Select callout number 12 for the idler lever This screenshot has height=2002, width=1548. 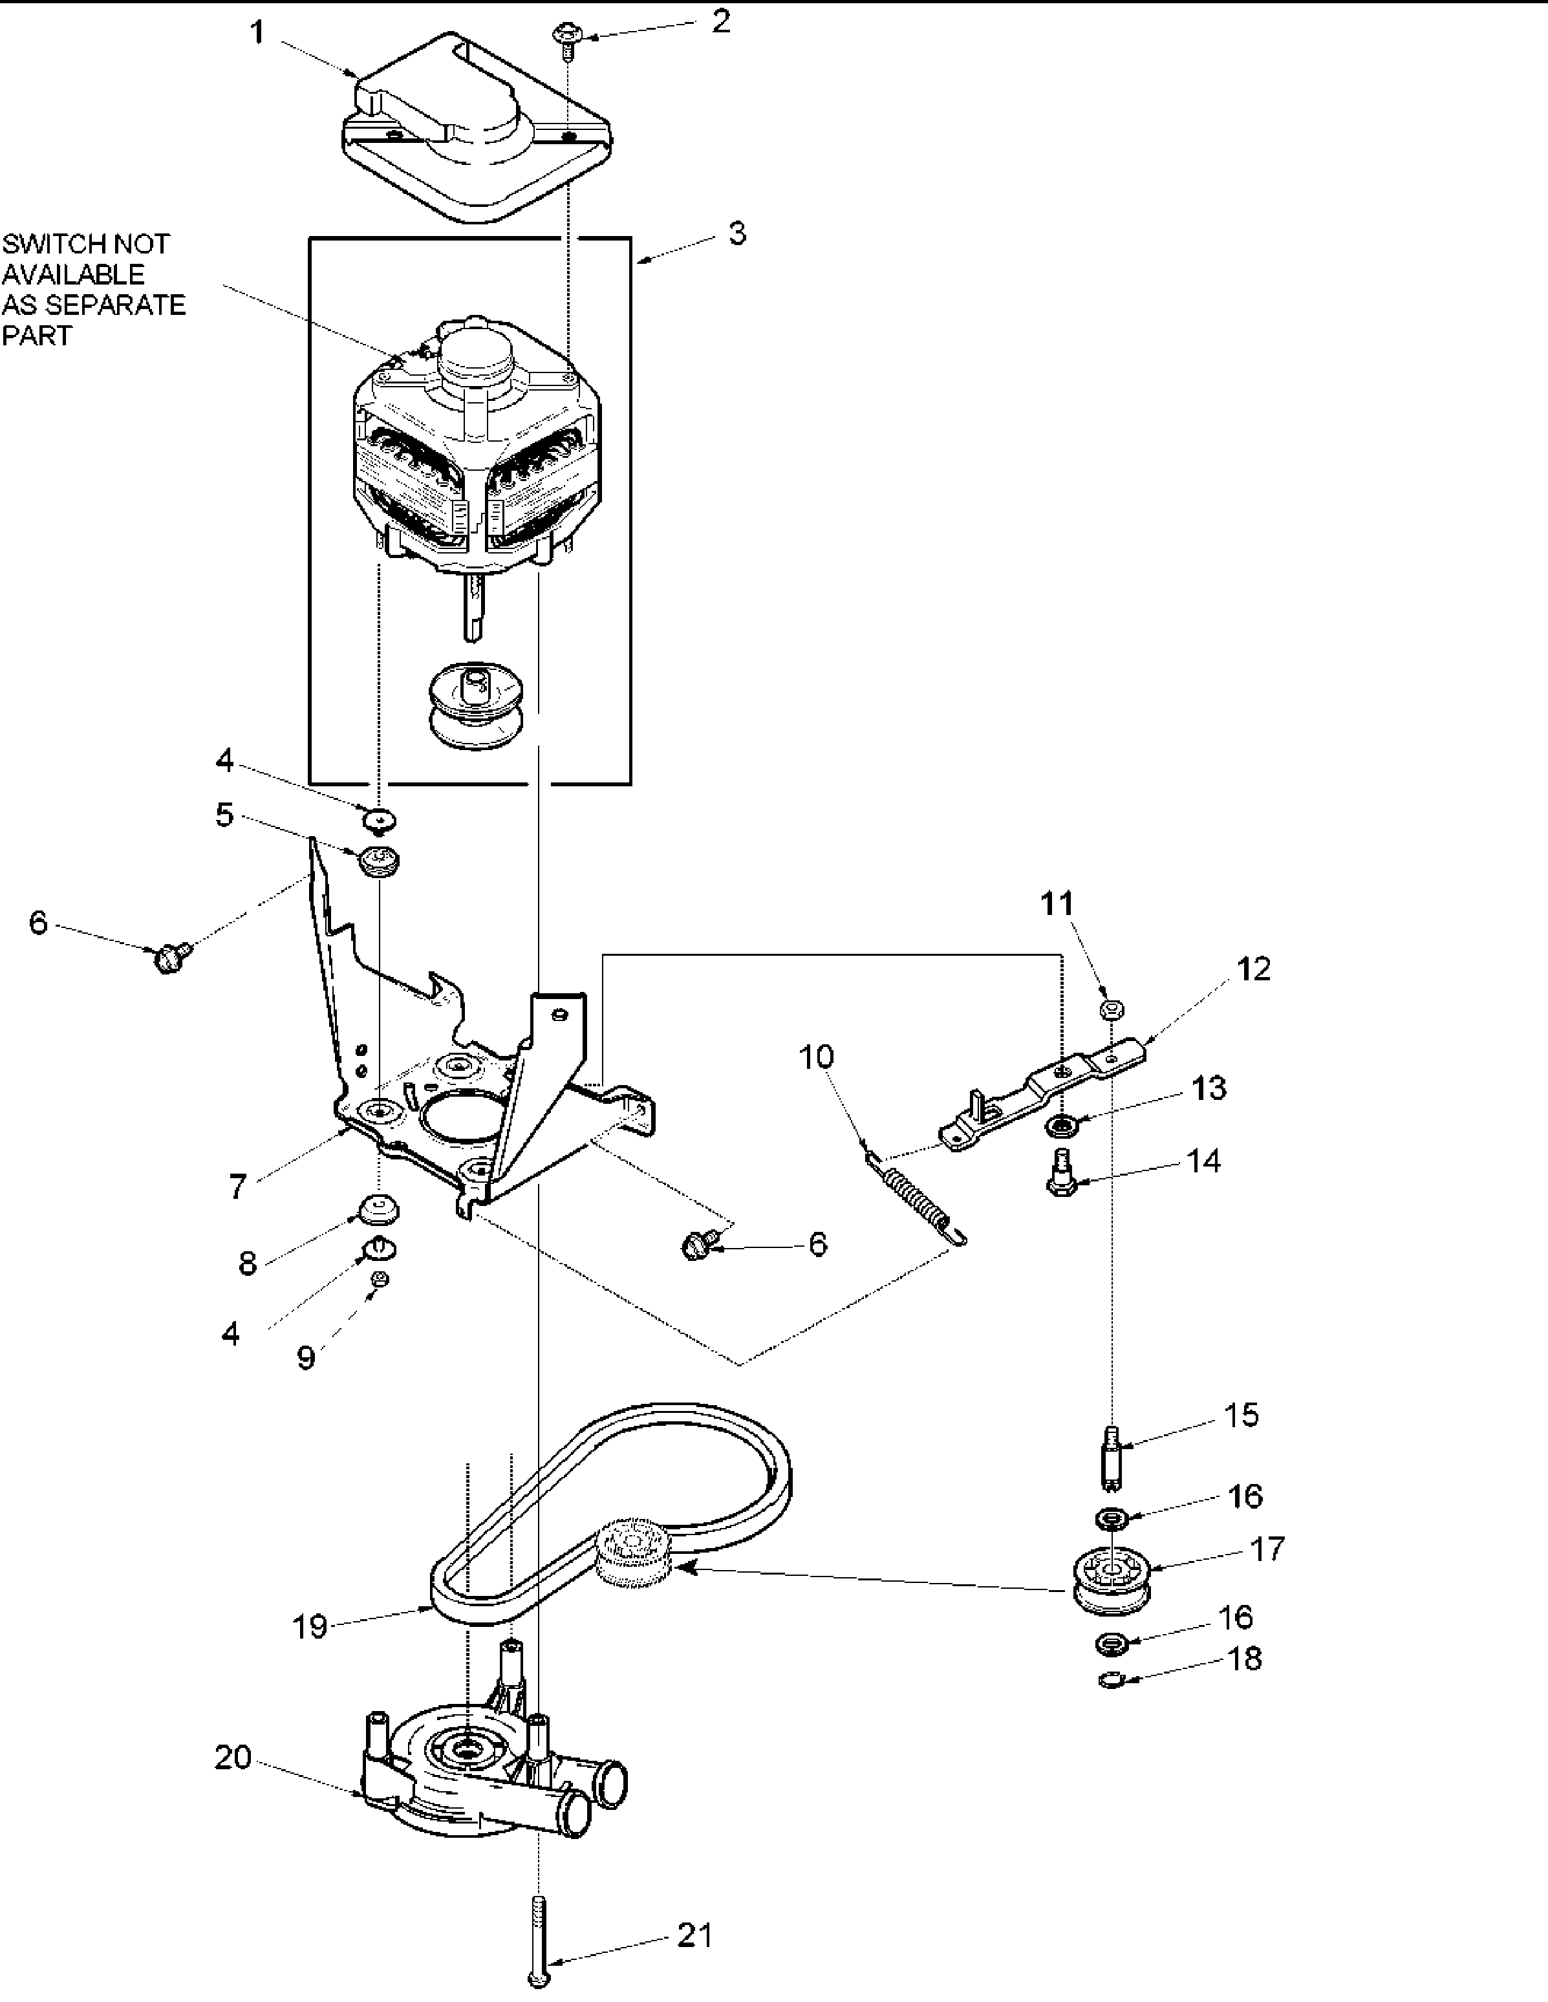(x=1254, y=969)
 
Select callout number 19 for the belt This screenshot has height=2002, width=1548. (x=310, y=1627)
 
